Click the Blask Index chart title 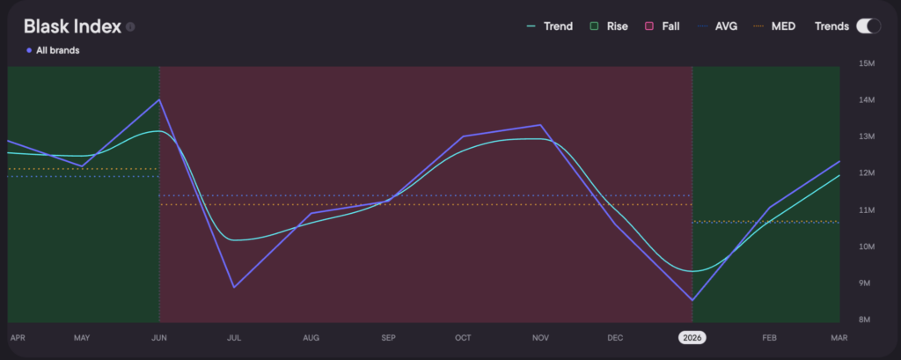pyautogui.click(x=72, y=26)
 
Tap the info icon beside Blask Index pyautogui.click(x=130, y=27)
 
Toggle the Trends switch pyautogui.click(x=868, y=26)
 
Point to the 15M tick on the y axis pyautogui.click(x=866, y=63)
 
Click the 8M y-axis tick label pyautogui.click(x=866, y=320)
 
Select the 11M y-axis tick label pyautogui.click(x=866, y=209)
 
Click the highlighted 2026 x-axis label pyautogui.click(x=692, y=337)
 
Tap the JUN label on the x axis pyautogui.click(x=159, y=337)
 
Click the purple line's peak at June pyautogui.click(x=159, y=99)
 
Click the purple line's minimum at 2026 pyautogui.click(x=692, y=300)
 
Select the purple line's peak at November pyautogui.click(x=539, y=125)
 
